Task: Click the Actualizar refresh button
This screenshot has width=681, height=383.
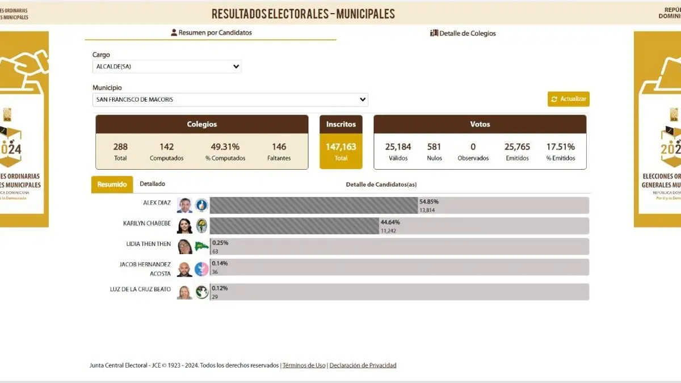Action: click(569, 99)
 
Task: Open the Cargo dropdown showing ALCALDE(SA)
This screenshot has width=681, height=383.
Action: click(167, 67)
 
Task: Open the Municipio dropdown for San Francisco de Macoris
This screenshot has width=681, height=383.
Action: click(230, 100)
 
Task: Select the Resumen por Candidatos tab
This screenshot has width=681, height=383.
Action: click(211, 33)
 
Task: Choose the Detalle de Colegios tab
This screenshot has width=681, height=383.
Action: click(463, 33)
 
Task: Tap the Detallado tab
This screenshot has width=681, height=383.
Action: click(153, 184)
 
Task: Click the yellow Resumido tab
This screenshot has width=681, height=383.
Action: click(112, 184)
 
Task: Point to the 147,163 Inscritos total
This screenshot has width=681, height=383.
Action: click(340, 147)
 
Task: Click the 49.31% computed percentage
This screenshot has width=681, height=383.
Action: click(225, 147)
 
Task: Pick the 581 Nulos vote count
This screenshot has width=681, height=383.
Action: click(434, 147)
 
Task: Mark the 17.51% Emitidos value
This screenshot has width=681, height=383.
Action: click(560, 147)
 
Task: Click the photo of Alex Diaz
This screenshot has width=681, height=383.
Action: click(184, 205)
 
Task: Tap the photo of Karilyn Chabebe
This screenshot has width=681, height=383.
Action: click(184, 226)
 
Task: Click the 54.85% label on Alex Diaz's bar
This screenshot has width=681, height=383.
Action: click(429, 201)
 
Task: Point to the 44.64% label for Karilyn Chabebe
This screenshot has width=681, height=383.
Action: click(390, 222)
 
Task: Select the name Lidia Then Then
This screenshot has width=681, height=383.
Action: click(148, 244)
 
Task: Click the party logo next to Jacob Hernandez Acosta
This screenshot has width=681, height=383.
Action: click(201, 269)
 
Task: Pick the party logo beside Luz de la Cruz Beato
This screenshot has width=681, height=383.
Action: click(201, 292)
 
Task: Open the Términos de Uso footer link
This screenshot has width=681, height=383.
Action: click(304, 365)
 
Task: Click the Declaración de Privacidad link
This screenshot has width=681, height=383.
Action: click(363, 365)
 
